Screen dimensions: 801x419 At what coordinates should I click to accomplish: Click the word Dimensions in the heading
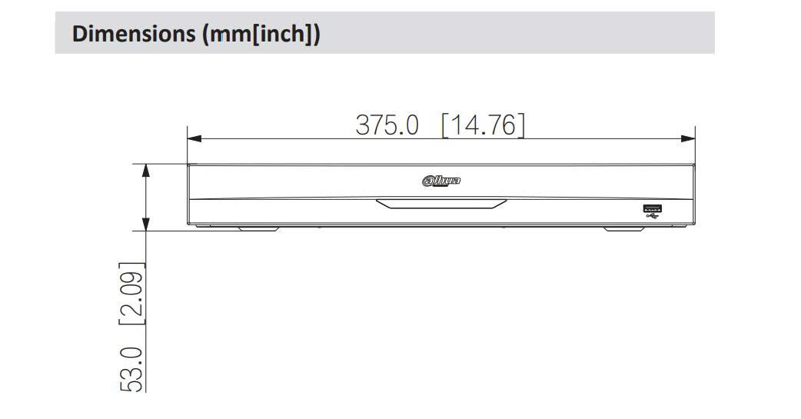click(x=134, y=34)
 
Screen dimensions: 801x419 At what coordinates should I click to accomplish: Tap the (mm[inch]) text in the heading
click(x=261, y=35)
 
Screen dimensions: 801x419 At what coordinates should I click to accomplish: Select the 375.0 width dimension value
click(x=387, y=125)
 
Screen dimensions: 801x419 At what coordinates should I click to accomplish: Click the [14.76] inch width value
click(x=484, y=125)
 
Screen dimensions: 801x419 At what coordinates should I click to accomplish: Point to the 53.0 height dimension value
click(x=131, y=369)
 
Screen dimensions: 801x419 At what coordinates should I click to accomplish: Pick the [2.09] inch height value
click(x=131, y=294)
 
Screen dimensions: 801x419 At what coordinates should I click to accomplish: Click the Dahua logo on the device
click(x=441, y=181)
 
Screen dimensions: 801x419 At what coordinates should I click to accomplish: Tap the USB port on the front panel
click(x=653, y=208)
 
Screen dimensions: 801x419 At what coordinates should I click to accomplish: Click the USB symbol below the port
click(x=653, y=216)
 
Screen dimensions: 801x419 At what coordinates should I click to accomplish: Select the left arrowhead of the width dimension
click(x=194, y=138)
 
